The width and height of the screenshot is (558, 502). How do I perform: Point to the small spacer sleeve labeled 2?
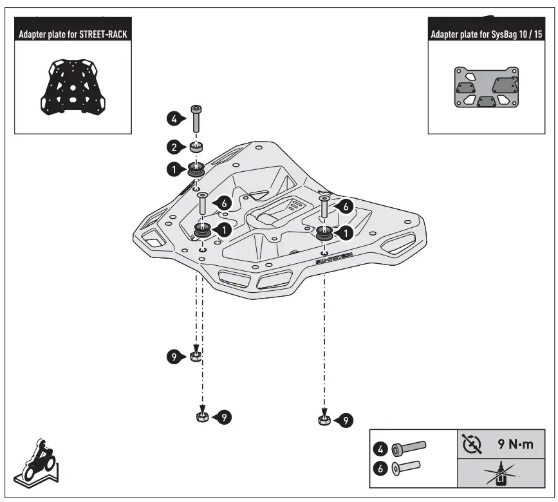[196, 147]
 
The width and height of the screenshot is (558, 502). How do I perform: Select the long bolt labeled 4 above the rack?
[196, 119]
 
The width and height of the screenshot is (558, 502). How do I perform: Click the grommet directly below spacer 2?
[196, 171]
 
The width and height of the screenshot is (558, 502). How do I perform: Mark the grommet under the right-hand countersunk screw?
[324, 233]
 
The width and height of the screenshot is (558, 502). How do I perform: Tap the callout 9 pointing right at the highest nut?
[174, 355]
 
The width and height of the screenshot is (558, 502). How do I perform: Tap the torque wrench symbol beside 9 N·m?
[471, 444]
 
